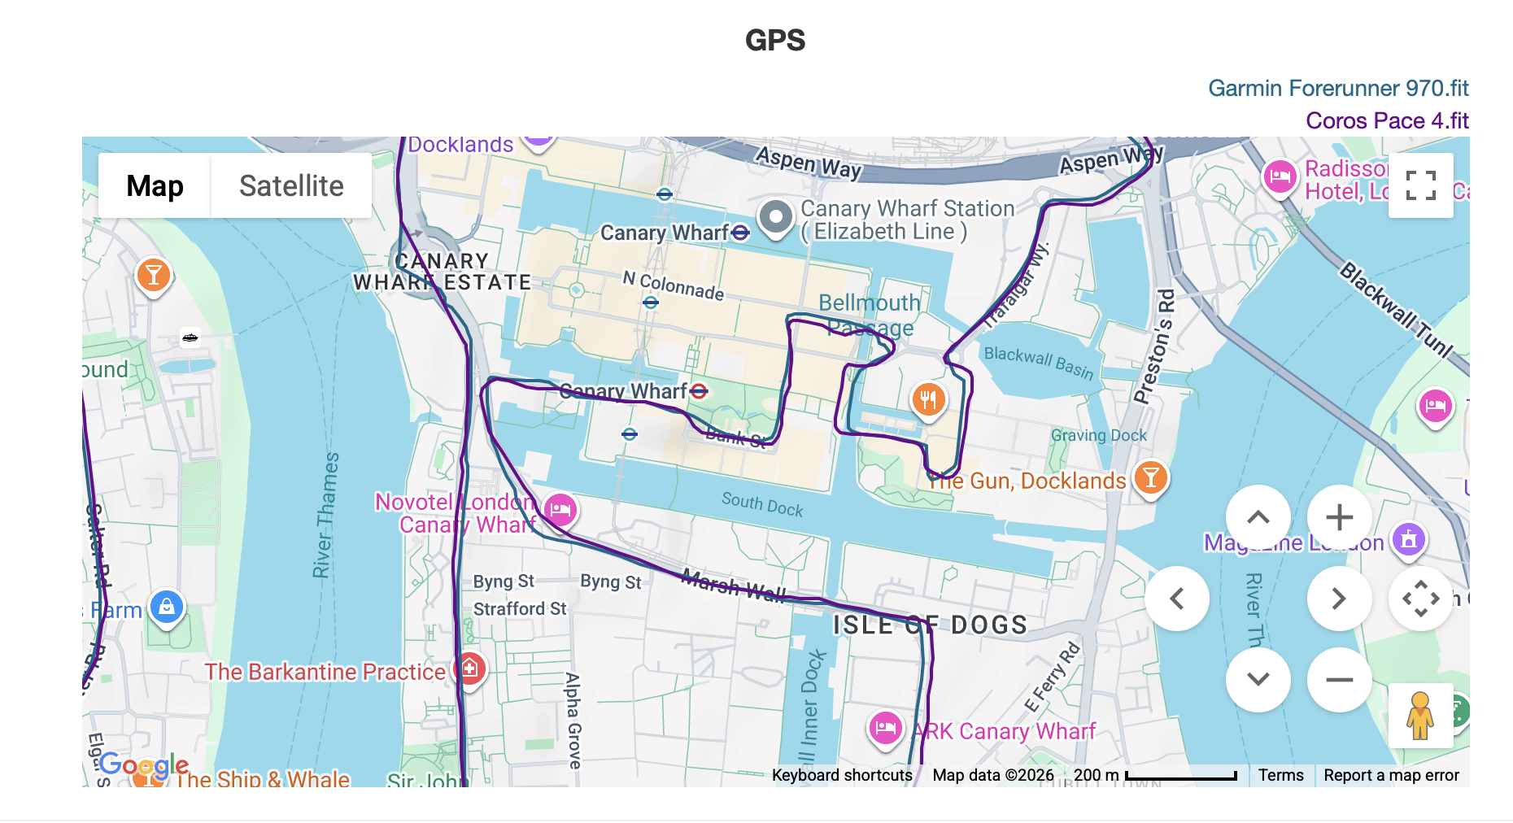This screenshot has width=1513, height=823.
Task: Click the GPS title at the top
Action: [774, 41]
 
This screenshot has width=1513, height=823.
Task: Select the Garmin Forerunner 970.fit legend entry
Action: [1337, 88]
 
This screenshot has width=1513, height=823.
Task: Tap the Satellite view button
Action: [291, 185]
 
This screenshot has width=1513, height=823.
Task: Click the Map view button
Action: [155, 185]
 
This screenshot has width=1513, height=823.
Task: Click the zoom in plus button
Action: [1339, 517]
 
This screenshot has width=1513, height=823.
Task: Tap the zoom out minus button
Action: [1339, 680]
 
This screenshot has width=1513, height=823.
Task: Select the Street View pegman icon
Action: [1420, 716]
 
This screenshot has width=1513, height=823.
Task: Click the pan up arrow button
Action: [1258, 517]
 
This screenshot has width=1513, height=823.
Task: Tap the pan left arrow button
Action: [1177, 599]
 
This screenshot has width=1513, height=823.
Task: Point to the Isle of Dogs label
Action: [929, 625]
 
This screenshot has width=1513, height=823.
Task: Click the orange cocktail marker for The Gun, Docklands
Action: [1150, 477]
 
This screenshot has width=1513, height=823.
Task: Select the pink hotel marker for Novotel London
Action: [560, 510]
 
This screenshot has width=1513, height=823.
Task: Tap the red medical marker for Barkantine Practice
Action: [469, 669]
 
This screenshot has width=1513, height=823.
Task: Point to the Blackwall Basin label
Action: [1038, 362]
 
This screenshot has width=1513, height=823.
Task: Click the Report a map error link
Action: [1391, 775]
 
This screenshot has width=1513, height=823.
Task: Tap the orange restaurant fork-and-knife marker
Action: [928, 398]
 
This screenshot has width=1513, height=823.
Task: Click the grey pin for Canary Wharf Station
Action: [775, 217]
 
